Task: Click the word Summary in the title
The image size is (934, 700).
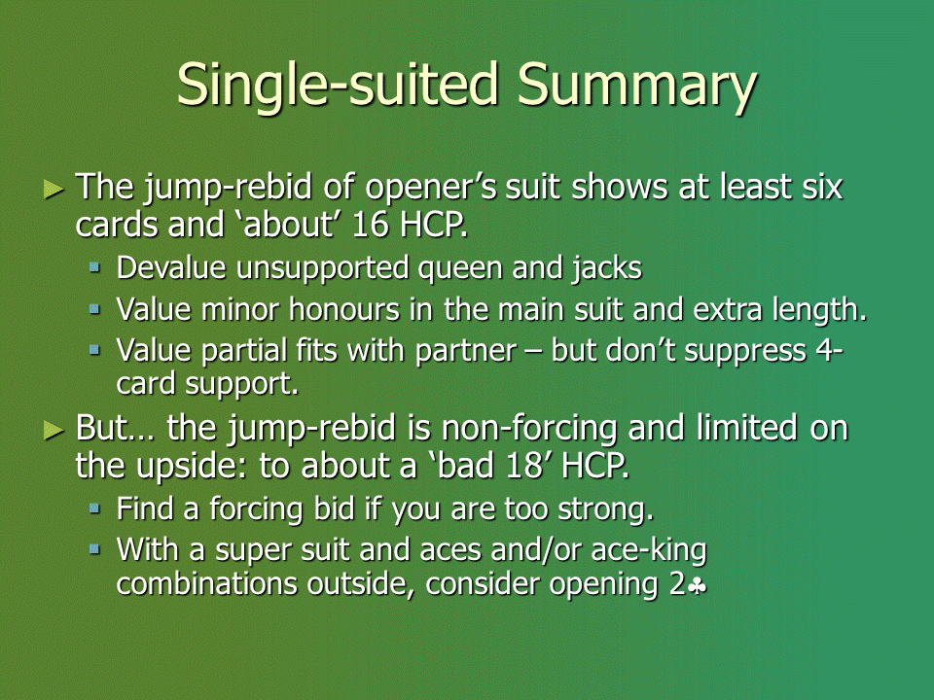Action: click(636, 86)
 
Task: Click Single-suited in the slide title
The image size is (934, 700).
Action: click(338, 84)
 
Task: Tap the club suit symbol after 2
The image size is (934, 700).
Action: click(697, 586)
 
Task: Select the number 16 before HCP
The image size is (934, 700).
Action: click(370, 225)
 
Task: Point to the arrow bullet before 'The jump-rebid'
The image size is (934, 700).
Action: click(54, 190)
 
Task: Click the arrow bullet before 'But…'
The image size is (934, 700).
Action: click(54, 430)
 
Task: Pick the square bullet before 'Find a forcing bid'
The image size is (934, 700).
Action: click(94, 507)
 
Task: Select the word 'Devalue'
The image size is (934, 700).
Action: click(171, 268)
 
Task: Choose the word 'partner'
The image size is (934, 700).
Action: click(466, 351)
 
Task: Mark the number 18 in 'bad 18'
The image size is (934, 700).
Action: click(523, 466)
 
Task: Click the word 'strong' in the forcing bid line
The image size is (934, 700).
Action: click(605, 509)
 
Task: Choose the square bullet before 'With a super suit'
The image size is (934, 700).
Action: click(94, 548)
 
